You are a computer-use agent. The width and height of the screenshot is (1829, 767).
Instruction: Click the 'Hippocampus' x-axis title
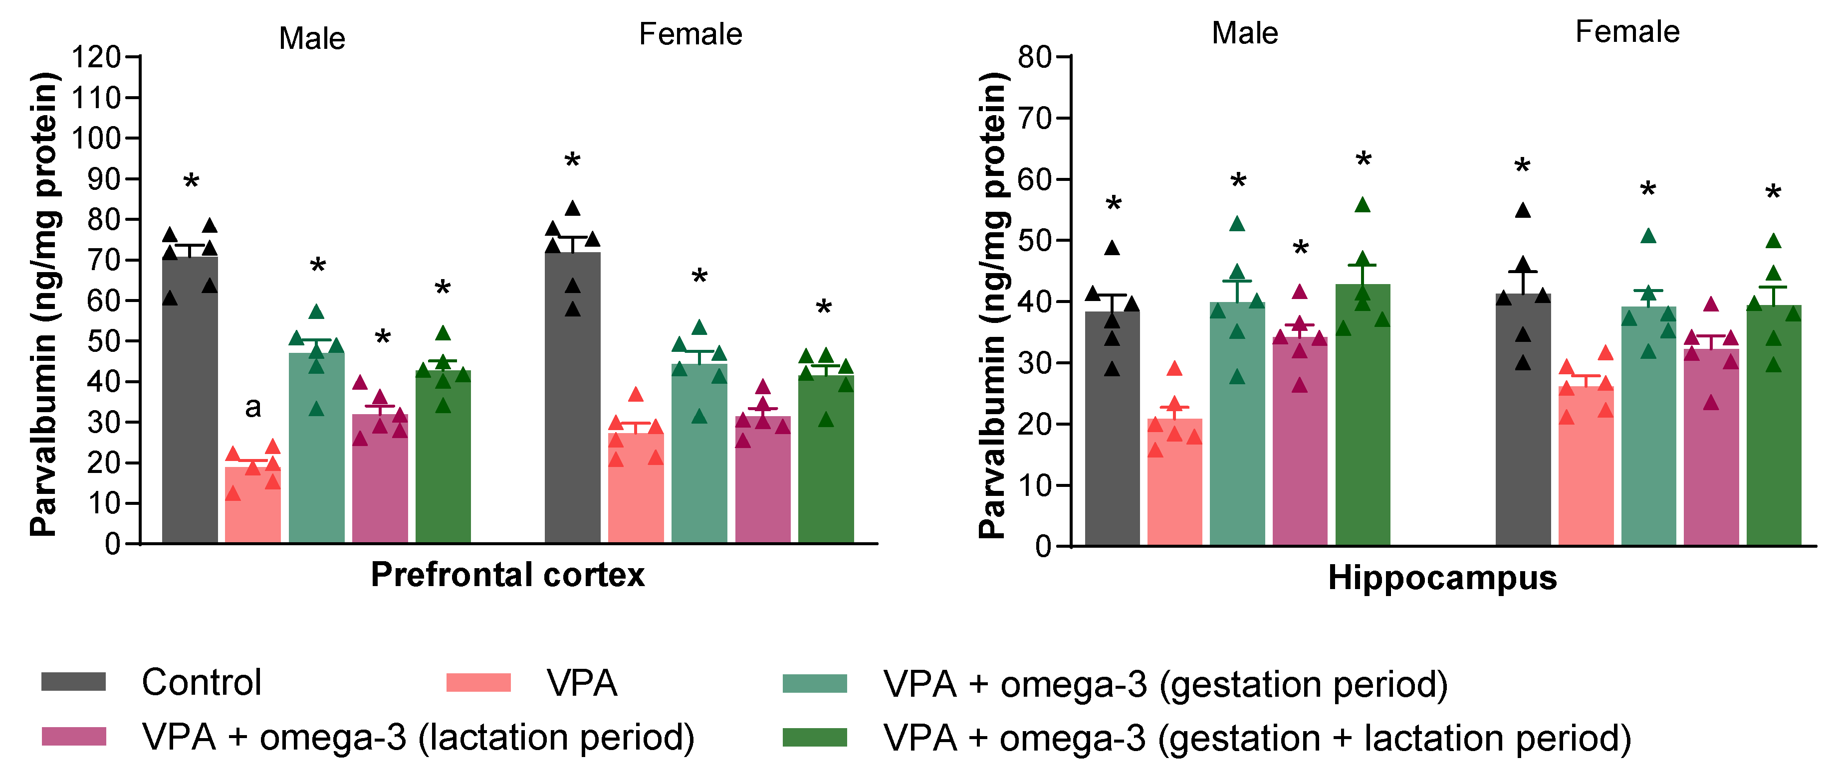point(1442,578)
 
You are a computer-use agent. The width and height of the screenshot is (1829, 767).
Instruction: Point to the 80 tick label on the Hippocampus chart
point(1035,57)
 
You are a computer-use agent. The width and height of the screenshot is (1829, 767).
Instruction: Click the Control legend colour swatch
point(73,682)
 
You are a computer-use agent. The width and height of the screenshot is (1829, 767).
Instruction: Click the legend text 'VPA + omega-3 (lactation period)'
point(418,737)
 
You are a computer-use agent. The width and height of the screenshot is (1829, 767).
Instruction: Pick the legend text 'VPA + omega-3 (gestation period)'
point(1165,684)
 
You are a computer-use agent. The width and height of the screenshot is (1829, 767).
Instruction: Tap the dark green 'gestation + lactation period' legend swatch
point(814,737)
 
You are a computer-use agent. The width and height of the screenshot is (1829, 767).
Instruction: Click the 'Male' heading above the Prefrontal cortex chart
point(312,38)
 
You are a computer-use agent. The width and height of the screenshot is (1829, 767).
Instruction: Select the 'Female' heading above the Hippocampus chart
point(1627,32)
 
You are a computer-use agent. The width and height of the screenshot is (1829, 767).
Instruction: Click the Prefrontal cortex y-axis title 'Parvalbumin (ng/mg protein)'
point(44,304)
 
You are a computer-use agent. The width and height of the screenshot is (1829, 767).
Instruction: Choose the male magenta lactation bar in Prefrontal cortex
point(380,482)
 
